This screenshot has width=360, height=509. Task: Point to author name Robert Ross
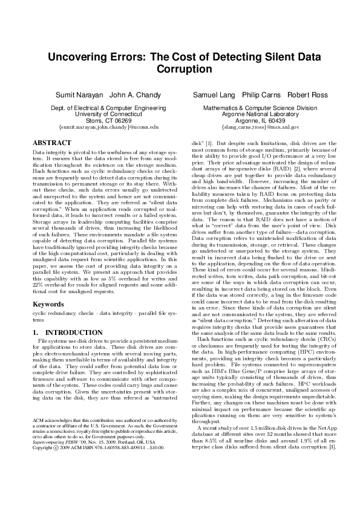pyautogui.click(x=307, y=96)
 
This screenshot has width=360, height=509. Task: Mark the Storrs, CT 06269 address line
pyautogui.click(x=108, y=121)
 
